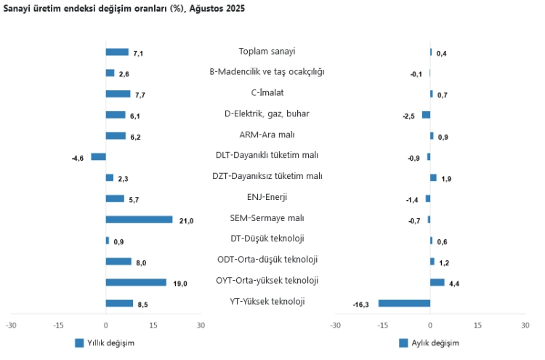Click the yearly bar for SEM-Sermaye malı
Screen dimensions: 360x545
[x=139, y=219]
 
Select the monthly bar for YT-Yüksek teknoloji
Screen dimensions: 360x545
[x=404, y=303]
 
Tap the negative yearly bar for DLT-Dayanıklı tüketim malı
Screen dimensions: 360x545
[x=98, y=156]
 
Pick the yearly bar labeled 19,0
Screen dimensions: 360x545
[x=136, y=282]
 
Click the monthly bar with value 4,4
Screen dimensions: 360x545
[x=437, y=282]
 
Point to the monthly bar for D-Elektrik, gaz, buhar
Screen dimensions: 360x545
[x=426, y=114]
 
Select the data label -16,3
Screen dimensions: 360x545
[x=361, y=305]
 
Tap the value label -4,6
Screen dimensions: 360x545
[x=78, y=158]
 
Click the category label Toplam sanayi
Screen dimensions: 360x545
[x=267, y=52]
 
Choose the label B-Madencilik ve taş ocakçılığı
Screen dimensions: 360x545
[x=267, y=72]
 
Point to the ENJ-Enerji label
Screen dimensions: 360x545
[x=267, y=197]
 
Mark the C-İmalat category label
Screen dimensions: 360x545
[x=267, y=92]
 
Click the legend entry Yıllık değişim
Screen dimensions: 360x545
[x=105, y=343]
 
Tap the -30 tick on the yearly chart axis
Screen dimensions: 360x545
[x=11, y=325]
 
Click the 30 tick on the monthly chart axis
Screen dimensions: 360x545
[x=525, y=325]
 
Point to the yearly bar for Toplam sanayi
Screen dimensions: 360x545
[x=117, y=52]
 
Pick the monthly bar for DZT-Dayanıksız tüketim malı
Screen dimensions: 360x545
[x=433, y=177]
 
